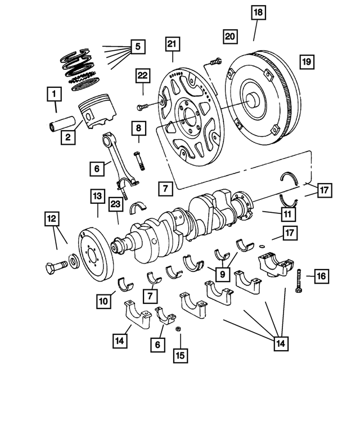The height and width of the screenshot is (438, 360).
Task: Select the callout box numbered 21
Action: pos(172,44)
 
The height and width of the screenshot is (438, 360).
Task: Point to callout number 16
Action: pos(321,276)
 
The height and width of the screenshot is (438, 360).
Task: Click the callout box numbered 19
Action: pos(307,61)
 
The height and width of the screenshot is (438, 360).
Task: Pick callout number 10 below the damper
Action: pos(103,302)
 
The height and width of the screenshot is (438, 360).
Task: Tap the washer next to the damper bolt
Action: pos(73,262)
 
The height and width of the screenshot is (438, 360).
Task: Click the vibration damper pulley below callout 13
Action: pos(94,249)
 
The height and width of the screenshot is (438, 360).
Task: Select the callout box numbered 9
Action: pos(223,274)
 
